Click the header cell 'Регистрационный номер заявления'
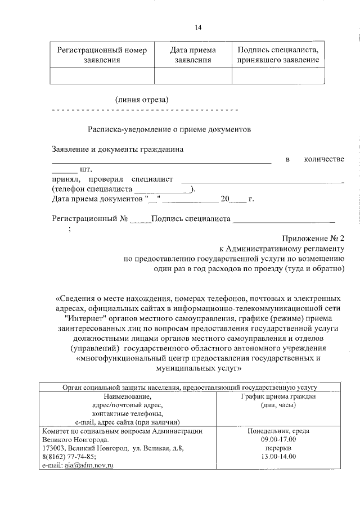pos(102,55)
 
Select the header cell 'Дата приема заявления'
pos(193,55)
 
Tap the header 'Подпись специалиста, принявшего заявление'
pos(278,55)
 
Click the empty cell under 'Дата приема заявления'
pos(193,75)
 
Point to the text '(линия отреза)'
pos(142,100)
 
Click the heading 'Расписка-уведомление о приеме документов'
pos(169,129)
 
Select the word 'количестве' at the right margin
pos(323,160)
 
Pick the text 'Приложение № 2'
pos(315,238)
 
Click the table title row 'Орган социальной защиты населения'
pos(189,387)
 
